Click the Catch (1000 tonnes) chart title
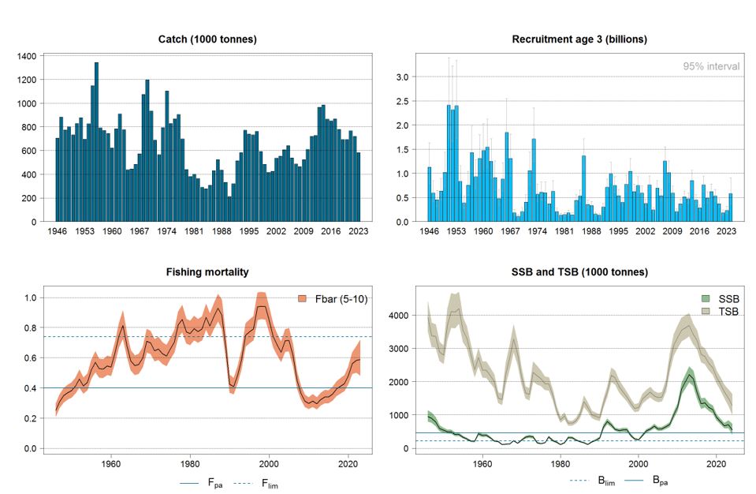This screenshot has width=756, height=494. (208, 39)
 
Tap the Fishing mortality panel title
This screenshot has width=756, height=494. (208, 271)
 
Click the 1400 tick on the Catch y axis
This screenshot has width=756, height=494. (25, 56)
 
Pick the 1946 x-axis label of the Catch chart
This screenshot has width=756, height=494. (57, 232)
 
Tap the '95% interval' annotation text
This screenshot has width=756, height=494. (711, 66)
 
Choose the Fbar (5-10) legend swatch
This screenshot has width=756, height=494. (303, 298)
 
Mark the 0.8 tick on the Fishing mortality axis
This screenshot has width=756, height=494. (29, 328)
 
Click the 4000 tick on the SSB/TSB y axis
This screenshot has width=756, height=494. (401, 316)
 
